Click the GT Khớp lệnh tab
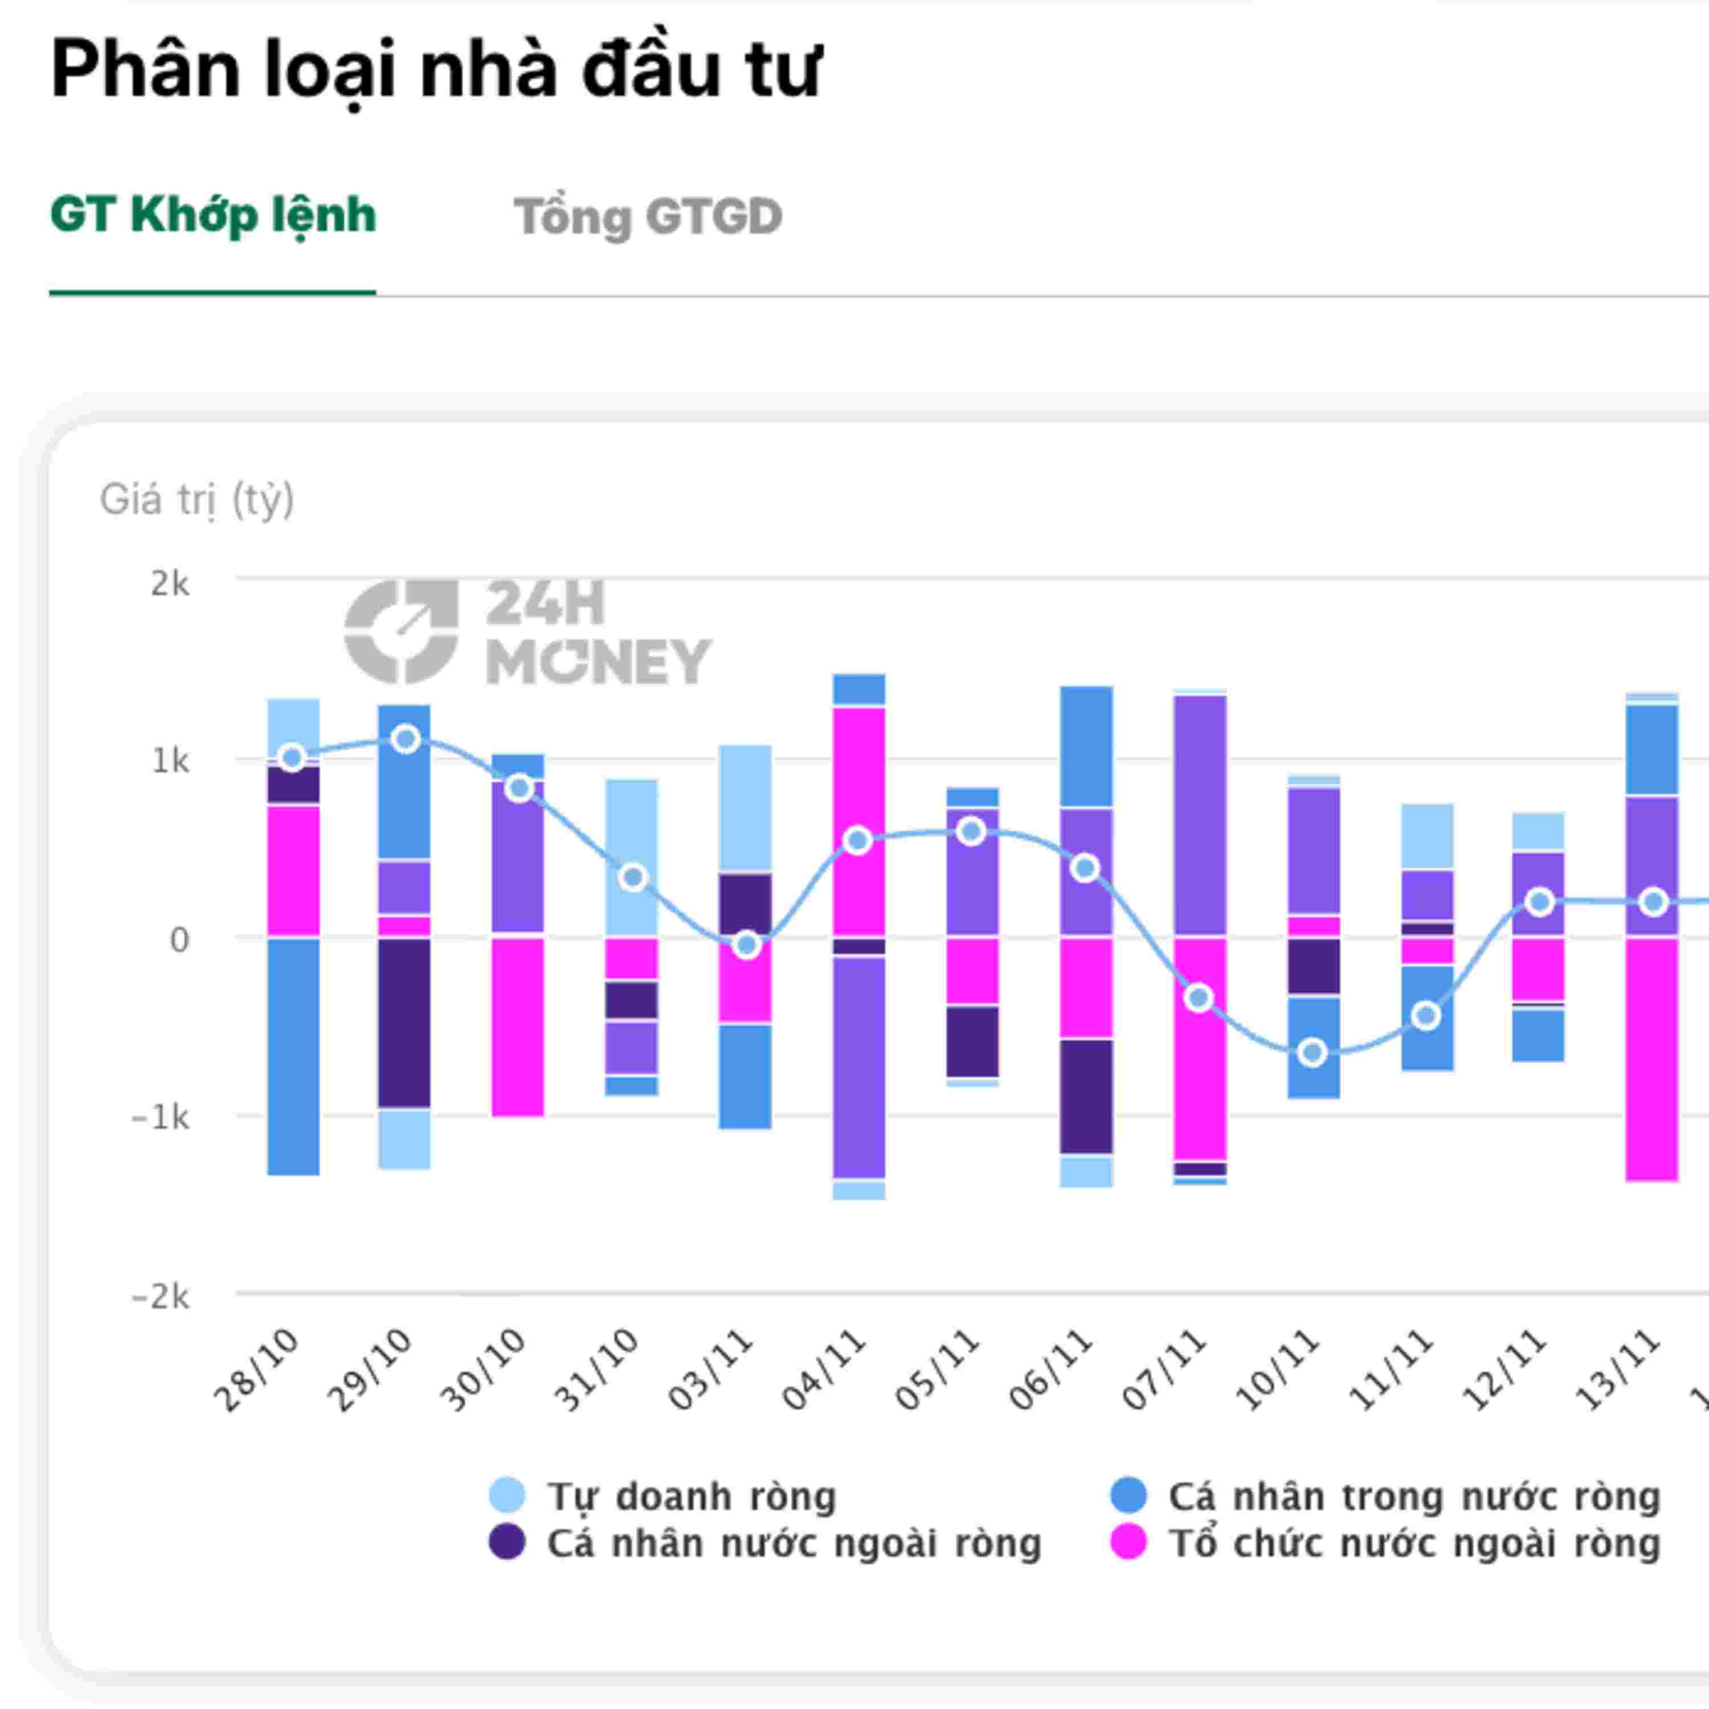click(213, 216)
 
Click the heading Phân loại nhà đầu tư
click(436, 69)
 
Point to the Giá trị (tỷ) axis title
click(197, 500)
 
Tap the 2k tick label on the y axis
click(170, 584)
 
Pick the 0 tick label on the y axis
click(179, 939)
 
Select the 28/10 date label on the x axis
click(256, 1369)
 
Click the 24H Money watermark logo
click(527, 632)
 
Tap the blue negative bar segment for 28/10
click(294, 1057)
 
